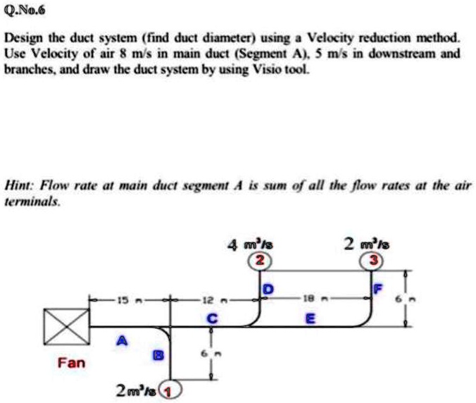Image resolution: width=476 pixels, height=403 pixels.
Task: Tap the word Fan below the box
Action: [71, 363]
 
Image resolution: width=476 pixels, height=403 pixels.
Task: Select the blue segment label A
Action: [123, 340]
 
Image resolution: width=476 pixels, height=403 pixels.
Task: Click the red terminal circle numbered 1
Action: [170, 389]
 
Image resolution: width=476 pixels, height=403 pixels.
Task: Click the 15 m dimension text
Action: [126, 299]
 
